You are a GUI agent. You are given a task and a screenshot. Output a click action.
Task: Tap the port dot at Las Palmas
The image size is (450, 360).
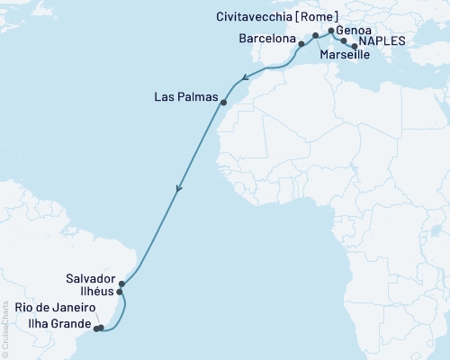(223, 103)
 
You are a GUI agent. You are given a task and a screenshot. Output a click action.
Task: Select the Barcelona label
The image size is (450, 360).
(266, 40)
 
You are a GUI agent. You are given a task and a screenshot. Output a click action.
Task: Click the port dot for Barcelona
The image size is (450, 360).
(301, 42)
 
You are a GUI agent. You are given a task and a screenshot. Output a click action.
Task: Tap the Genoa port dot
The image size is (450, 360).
(332, 31)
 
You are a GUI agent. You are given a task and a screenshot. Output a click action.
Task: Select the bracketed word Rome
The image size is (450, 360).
(321, 15)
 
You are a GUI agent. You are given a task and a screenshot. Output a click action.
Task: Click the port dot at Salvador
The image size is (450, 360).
(122, 283)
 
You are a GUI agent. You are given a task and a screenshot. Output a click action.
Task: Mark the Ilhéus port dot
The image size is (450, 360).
(120, 292)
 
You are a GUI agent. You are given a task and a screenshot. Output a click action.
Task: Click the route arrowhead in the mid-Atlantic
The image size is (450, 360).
(178, 189)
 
